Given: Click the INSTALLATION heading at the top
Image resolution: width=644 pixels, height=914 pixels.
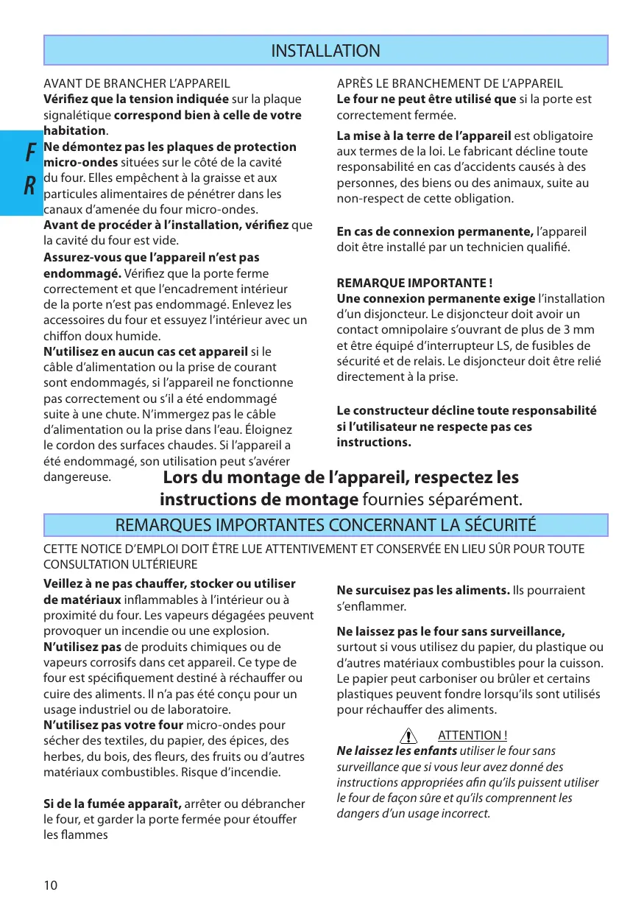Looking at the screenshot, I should pyautogui.click(x=325, y=51).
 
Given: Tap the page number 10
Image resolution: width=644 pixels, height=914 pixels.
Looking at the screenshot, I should pyautogui.click(x=50, y=885).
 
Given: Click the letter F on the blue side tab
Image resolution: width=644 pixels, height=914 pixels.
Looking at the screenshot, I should pyautogui.click(x=30, y=153).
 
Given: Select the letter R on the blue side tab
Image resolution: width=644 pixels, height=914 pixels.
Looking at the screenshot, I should pyautogui.click(x=30, y=187).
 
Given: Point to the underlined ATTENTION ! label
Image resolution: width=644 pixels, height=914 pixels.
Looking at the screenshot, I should pyautogui.click(x=473, y=735).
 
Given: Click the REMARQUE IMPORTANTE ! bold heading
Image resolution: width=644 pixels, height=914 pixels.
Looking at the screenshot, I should pyautogui.click(x=414, y=283).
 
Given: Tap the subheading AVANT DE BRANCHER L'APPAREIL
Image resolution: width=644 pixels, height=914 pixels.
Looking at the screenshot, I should pyautogui.click(x=137, y=84).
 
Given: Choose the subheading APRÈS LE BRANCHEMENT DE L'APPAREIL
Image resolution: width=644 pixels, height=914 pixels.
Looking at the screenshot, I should pyautogui.click(x=450, y=84).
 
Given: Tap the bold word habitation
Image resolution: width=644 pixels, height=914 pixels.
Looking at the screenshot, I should pyautogui.click(x=75, y=130).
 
